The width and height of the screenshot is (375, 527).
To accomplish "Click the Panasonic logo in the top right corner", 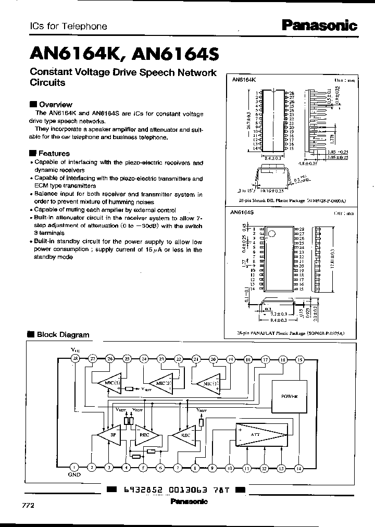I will click(320, 25).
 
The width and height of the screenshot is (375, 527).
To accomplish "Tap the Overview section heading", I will click(55, 104).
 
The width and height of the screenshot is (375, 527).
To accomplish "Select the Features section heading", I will click(54, 153).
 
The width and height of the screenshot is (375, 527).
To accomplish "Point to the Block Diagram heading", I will click(63, 335).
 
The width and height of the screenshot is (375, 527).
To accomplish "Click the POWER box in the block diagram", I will click(289, 396).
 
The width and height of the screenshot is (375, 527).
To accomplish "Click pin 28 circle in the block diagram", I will click(75, 359).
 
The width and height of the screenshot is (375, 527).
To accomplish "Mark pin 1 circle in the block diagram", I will click(75, 467).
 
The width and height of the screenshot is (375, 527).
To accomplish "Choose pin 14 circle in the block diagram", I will click(298, 467).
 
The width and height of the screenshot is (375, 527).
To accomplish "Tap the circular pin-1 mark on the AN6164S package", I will click(270, 234).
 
